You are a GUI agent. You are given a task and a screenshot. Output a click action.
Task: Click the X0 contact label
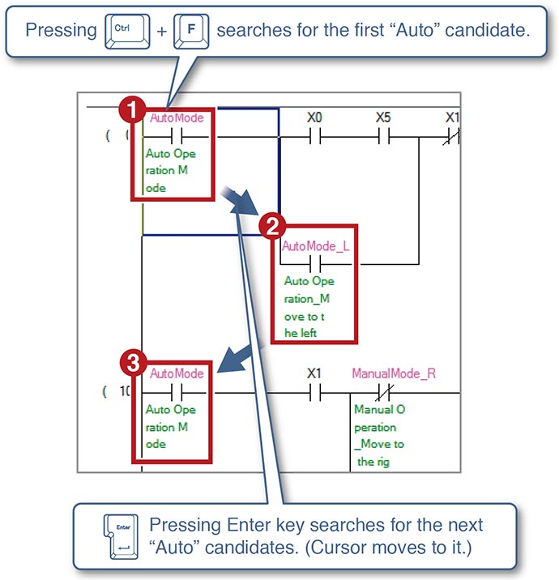point(315,117)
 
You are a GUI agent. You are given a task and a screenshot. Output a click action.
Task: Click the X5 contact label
point(383,117)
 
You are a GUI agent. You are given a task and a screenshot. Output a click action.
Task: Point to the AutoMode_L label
point(315,245)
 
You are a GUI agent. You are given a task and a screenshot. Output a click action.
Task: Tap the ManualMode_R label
point(394,373)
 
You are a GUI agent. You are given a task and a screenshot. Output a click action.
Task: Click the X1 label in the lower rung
point(314,373)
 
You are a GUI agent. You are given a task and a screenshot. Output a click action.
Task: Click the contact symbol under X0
point(315,137)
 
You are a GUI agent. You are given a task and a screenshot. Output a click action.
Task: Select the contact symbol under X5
point(383,137)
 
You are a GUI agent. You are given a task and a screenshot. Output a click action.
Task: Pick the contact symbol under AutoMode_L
point(314,264)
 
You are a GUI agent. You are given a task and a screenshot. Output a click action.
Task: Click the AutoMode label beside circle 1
point(177,117)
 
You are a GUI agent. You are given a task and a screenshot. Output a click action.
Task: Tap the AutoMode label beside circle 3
point(177,373)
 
